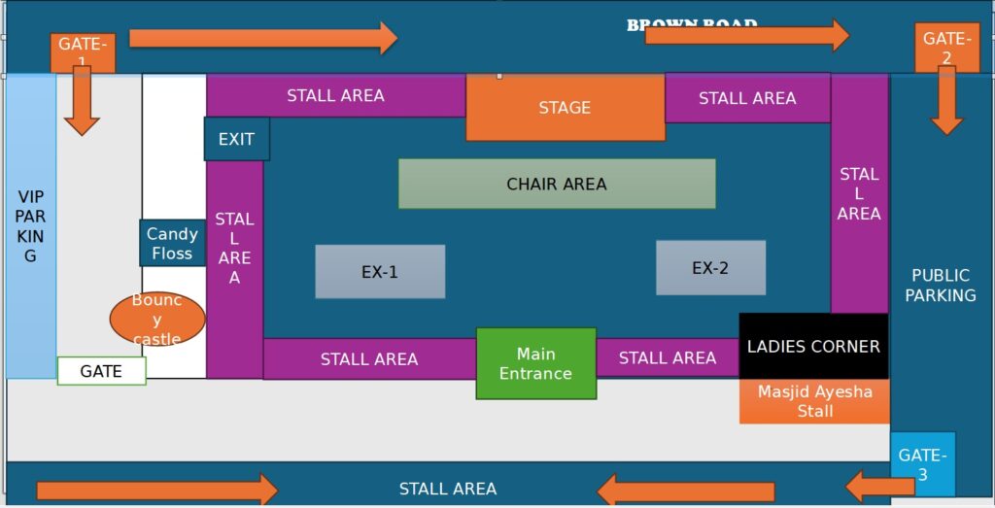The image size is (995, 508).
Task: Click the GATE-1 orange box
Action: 83,51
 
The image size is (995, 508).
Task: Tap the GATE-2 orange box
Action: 945,46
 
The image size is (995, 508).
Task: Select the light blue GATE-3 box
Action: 922,463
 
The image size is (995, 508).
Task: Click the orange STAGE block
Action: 565,107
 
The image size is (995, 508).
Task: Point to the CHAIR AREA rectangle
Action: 557,184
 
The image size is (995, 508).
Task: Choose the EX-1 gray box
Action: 380,271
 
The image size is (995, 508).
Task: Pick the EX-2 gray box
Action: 710,267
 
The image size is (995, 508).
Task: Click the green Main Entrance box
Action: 535,363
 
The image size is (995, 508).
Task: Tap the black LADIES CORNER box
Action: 813,346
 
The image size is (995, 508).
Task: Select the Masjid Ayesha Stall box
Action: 814,401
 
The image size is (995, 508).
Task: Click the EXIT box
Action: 236,139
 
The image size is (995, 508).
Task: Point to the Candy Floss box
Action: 172,243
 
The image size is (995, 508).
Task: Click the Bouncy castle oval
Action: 157,319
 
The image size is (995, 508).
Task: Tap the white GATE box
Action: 101,371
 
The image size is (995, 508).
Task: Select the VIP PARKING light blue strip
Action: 30,226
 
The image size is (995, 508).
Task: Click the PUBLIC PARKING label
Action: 941,285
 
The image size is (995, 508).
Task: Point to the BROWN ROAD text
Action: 691,24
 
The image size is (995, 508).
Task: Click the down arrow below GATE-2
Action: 946,103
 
